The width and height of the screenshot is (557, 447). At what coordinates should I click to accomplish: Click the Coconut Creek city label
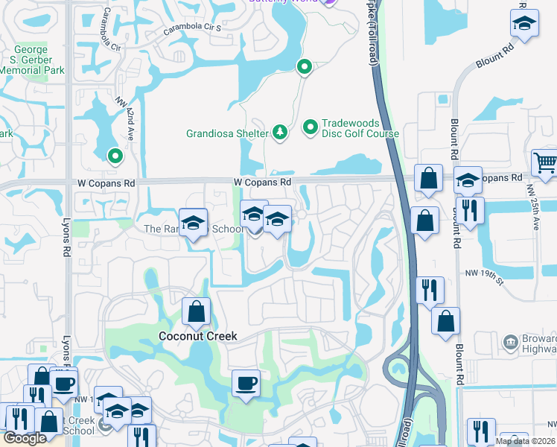click(198, 336)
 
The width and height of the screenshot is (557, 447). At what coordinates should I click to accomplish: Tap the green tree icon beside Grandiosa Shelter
click(280, 132)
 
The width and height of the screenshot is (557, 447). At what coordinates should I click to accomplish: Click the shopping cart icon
click(545, 162)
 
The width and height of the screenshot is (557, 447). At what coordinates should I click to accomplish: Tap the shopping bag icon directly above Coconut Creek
click(196, 311)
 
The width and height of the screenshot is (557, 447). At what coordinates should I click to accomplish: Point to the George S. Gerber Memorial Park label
click(31, 60)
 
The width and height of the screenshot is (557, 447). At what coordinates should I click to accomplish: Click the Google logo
click(25, 438)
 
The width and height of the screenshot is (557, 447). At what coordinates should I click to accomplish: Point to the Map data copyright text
click(526, 441)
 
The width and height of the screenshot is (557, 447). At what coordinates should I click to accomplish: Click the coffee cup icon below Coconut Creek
click(246, 383)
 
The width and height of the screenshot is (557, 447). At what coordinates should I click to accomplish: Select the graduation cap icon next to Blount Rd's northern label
click(525, 23)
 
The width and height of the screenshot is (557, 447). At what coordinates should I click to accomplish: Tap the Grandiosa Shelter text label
click(227, 134)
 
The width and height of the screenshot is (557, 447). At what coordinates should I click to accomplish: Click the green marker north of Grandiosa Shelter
click(304, 68)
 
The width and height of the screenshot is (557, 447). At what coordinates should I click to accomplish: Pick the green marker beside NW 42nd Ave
click(115, 156)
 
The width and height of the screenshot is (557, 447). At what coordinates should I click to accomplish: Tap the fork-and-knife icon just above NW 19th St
click(471, 209)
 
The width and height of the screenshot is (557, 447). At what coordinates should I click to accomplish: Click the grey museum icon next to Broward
click(511, 342)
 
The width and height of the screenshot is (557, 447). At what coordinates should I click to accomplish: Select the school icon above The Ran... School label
click(194, 223)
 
